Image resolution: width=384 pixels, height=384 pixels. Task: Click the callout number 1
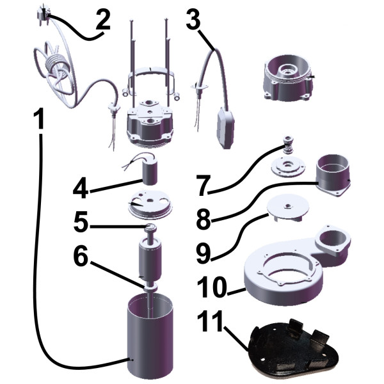38,119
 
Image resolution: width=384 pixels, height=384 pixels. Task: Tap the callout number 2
103,19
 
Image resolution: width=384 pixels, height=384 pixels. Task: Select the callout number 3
193,19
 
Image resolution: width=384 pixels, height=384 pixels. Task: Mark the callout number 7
204,186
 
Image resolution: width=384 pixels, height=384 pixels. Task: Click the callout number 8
204,219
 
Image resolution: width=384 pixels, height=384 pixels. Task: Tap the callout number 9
204,253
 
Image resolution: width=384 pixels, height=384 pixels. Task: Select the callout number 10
212,287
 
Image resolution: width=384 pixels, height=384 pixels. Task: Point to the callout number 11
211,321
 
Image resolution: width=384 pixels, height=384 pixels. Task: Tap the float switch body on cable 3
225,128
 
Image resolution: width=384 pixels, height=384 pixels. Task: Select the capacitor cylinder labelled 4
149,173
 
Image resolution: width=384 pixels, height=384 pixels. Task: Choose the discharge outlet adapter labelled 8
333,175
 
